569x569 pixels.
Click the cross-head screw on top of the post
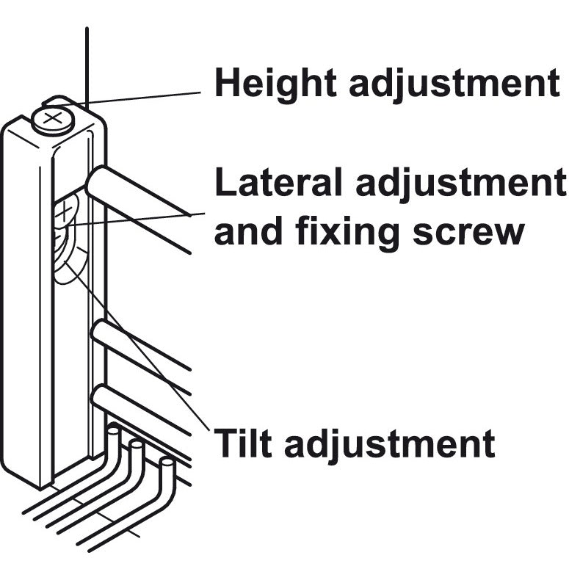pos(53,118)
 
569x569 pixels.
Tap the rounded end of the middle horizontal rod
pos(98,332)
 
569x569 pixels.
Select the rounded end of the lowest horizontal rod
pos(99,399)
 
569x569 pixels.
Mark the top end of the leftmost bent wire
pos(113,432)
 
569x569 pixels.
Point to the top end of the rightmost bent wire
pos(167,463)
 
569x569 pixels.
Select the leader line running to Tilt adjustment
pos(147,352)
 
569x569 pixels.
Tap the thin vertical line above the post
pos(87,66)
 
